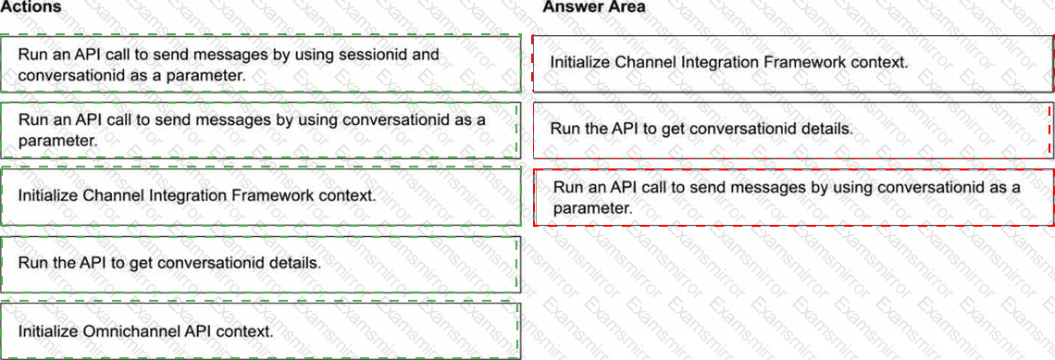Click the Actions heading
[x=31, y=6]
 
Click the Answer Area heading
[x=594, y=6]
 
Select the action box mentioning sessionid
[x=260, y=64]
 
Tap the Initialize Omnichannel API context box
[x=260, y=331]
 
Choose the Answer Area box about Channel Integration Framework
[x=793, y=63]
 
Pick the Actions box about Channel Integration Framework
[x=260, y=196]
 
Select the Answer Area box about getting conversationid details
[x=793, y=130]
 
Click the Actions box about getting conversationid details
[x=260, y=263]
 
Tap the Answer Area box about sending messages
[x=793, y=197]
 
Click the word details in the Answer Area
[x=829, y=129]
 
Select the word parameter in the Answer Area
[x=592, y=208]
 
